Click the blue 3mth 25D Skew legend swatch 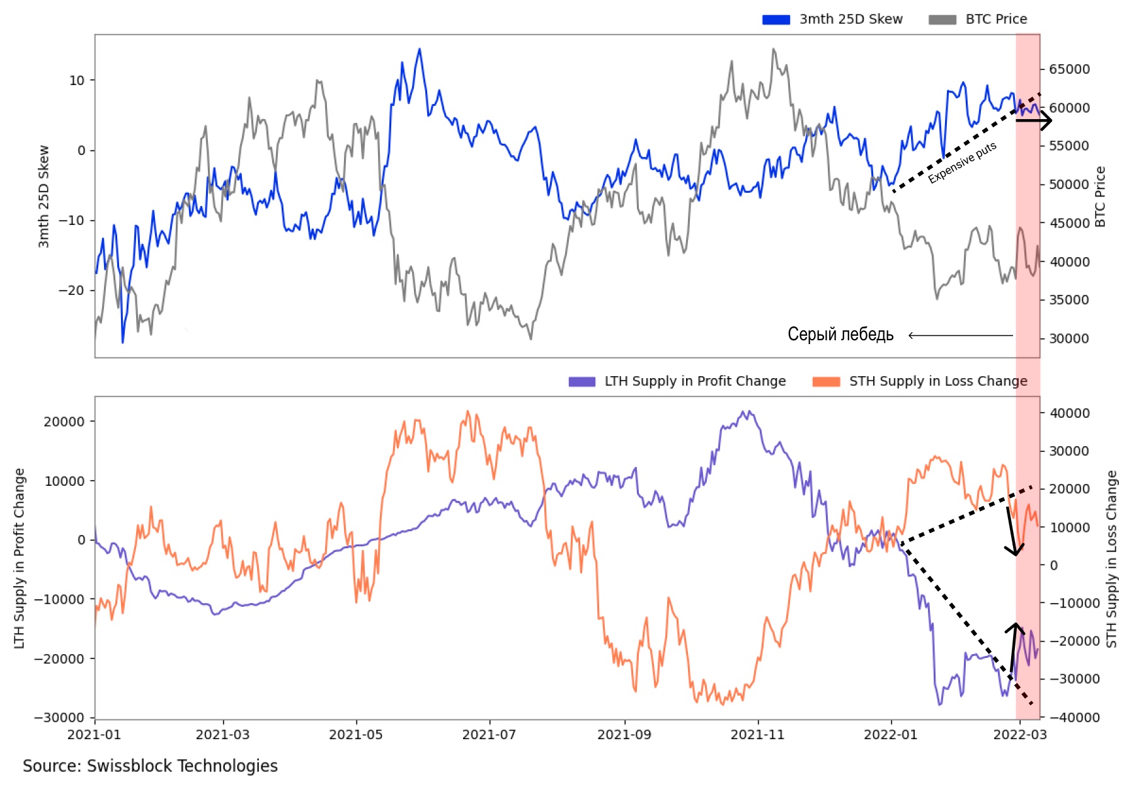coord(776,20)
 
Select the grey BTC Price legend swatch coord(942,20)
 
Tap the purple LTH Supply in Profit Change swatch coord(581,381)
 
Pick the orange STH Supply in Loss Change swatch coord(826,381)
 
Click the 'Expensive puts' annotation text coord(962,163)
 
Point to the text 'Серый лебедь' coord(840,334)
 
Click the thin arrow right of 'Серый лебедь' coord(960,335)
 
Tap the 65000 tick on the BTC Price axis coord(1069,69)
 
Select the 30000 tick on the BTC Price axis coord(1069,338)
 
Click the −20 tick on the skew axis coord(72,291)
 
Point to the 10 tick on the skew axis coord(77,81)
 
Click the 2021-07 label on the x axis coord(489,735)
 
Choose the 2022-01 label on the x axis coord(890,735)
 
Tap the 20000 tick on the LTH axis coord(64,422)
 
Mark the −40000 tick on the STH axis coord(1074,717)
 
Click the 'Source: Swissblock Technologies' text coord(150,766)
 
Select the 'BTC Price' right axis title coord(1100,197)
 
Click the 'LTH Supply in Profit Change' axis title coord(20,558)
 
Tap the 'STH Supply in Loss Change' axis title coord(1112,558)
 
